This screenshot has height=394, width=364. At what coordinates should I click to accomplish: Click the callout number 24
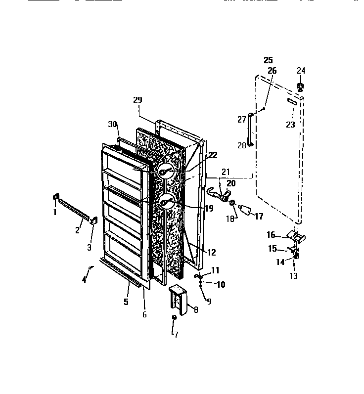(301, 71)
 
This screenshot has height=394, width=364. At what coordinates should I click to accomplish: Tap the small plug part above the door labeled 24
(300, 87)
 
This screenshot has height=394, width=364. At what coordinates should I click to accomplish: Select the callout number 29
(137, 100)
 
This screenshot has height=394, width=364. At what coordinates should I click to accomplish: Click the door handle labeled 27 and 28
(251, 130)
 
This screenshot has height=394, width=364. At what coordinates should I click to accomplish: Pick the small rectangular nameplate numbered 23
(291, 102)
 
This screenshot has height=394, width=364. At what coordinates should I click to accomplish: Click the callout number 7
(176, 335)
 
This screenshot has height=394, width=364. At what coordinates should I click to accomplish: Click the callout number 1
(55, 212)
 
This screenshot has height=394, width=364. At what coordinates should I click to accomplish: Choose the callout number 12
(211, 253)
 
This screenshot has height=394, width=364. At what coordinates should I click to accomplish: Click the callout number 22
(213, 155)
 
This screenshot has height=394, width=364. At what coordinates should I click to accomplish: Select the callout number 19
(209, 208)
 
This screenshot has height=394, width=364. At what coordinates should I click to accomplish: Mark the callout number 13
(294, 275)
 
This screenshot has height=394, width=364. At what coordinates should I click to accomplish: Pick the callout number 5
(126, 301)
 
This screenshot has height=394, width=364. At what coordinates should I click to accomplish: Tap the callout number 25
(268, 60)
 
